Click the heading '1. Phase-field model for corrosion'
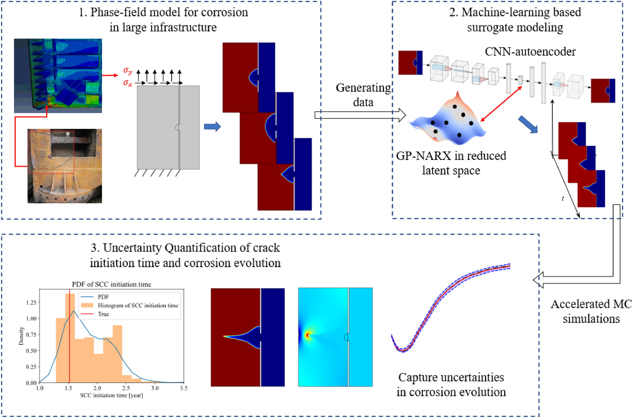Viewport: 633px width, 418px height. [x=163, y=13]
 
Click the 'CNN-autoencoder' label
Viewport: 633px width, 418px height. [x=530, y=51]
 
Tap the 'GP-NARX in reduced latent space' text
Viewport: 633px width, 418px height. [x=451, y=163]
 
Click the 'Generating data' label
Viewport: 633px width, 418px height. [x=363, y=95]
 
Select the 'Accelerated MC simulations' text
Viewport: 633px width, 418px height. [x=591, y=311]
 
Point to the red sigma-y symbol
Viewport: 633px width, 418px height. [x=127, y=71]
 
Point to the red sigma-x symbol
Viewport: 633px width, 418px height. [x=127, y=83]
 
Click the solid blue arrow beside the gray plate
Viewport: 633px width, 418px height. [x=212, y=127]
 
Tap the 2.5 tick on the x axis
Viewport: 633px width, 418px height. [x=126, y=388]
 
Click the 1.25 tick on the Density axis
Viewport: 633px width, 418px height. [x=31, y=303]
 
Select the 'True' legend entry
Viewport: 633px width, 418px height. [x=103, y=314]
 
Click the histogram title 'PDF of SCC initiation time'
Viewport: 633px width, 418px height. [x=111, y=284]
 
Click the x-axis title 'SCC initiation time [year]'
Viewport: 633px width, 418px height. [x=111, y=395]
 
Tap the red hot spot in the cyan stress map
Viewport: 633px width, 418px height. [x=308, y=335]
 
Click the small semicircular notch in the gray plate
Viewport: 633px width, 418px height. [x=178, y=127]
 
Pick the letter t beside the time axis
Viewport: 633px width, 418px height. [x=563, y=198]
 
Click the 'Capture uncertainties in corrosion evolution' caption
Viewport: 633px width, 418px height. [x=451, y=385]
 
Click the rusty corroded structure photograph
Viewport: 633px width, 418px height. [x=65, y=166]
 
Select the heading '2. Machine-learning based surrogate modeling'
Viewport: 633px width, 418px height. [x=515, y=20]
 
